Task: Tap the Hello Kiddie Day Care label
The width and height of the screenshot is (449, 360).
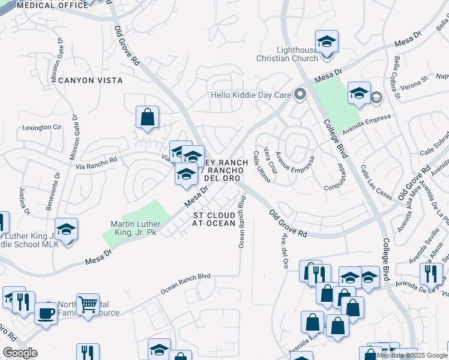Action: point(250,95)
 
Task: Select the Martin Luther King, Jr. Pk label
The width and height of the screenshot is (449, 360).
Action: point(133,228)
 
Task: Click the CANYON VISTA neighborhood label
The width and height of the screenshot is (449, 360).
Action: point(90,80)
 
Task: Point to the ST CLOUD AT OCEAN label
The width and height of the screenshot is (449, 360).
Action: point(214,219)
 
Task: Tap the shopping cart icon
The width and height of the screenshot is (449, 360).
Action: point(88,305)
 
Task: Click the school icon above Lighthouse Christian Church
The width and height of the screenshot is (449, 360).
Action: point(327,41)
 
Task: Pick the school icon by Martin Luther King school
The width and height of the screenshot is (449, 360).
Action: point(66,229)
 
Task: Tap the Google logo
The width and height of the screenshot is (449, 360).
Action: point(20,353)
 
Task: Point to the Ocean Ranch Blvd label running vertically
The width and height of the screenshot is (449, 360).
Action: point(242,222)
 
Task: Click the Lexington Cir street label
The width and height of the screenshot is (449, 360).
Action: point(42,127)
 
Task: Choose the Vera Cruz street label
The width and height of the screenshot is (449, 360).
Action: point(268,161)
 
